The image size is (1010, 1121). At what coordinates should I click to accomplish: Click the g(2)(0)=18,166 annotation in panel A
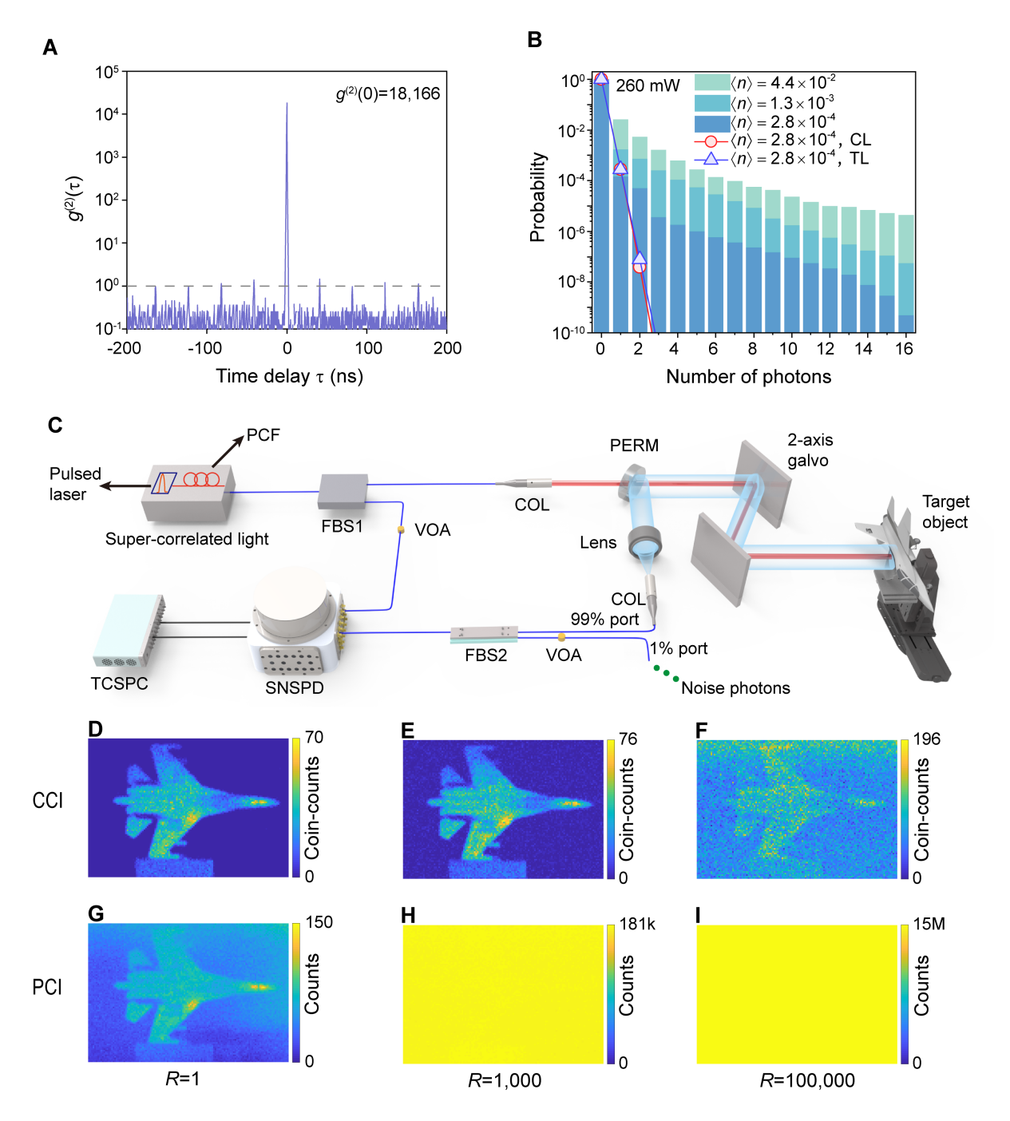(388, 93)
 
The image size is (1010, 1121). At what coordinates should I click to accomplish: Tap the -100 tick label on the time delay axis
(204, 348)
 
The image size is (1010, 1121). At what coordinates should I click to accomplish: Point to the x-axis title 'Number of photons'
(748, 377)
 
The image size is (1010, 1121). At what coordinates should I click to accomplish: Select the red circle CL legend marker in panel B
(711, 141)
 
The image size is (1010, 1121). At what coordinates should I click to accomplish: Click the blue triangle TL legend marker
(711, 159)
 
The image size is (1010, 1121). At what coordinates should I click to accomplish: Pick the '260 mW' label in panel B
(648, 85)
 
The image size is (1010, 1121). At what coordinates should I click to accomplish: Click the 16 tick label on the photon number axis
(904, 349)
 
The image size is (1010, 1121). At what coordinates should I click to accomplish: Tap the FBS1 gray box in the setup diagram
(343, 491)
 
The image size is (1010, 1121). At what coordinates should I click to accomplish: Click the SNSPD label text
(295, 687)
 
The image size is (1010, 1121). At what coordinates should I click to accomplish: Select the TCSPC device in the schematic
(129, 631)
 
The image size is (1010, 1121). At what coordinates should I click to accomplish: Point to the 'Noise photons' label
(735, 688)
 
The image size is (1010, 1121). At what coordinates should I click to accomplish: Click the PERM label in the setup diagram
(634, 446)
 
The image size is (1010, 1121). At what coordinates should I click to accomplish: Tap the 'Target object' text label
(945, 512)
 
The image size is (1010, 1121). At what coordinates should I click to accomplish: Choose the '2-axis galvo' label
(810, 450)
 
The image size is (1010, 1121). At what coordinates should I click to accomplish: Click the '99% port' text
(604, 620)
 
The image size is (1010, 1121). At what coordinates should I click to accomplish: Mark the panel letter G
(96, 913)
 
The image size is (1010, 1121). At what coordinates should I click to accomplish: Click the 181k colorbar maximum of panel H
(637, 924)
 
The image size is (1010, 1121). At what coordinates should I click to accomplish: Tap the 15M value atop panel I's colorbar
(929, 924)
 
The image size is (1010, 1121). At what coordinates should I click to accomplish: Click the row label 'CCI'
(47, 800)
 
